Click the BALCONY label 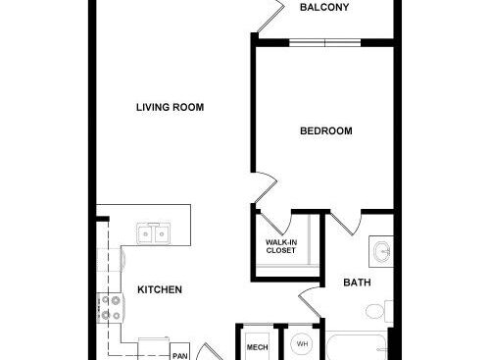click(324, 7)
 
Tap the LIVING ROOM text click(170, 107)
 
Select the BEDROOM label click(326, 131)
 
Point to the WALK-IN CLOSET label click(281, 246)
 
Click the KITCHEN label click(160, 289)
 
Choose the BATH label click(357, 283)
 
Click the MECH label click(258, 347)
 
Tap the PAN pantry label click(180, 356)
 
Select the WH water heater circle click(302, 344)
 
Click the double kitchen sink click(154, 233)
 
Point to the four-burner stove click(110, 308)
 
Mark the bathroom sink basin click(382, 252)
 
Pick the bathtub click(357, 347)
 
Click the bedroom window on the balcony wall click(325, 43)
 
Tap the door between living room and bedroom click(266, 187)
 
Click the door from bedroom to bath click(346, 223)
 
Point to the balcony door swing click(271, 17)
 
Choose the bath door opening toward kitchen click(310, 302)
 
